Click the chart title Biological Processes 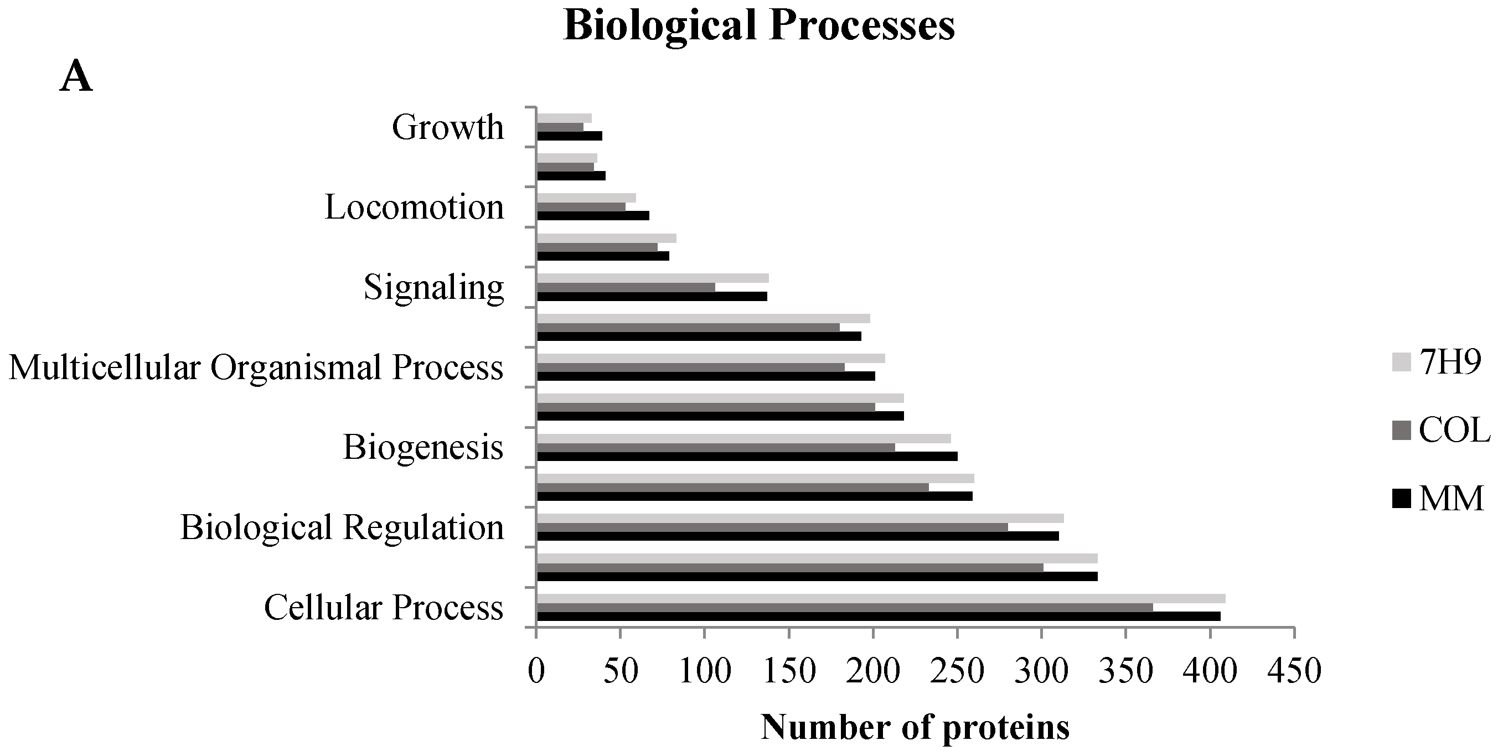click(x=758, y=26)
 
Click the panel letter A click(x=76, y=77)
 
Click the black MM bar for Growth click(x=569, y=136)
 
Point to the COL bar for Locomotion click(x=581, y=207)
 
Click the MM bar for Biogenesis click(x=747, y=456)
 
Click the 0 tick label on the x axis click(x=536, y=671)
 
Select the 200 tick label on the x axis click(x=873, y=671)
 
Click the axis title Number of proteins click(x=915, y=727)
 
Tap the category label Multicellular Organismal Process click(x=256, y=367)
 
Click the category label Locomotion click(x=414, y=208)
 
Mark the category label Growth click(x=447, y=127)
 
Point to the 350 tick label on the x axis click(x=1125, y=671)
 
